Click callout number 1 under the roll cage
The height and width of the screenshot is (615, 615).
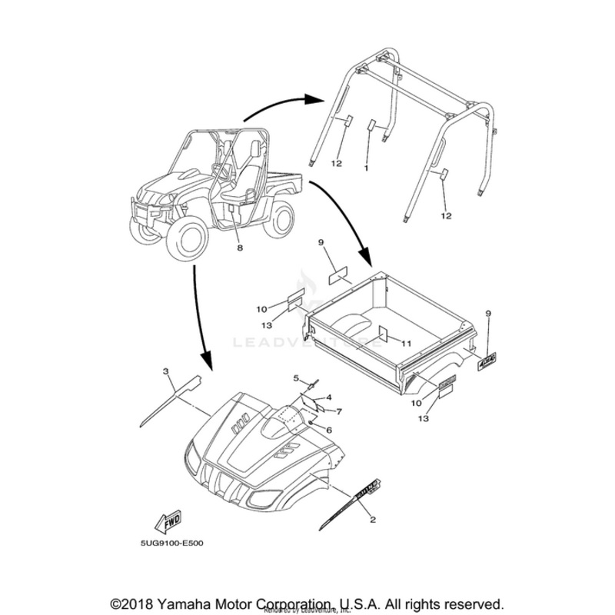point(367,167)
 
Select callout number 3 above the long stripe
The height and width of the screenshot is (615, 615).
point(165,371)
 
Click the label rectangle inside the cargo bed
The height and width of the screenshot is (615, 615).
point(383,334)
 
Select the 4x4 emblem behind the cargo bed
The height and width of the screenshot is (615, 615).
point(487,359)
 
